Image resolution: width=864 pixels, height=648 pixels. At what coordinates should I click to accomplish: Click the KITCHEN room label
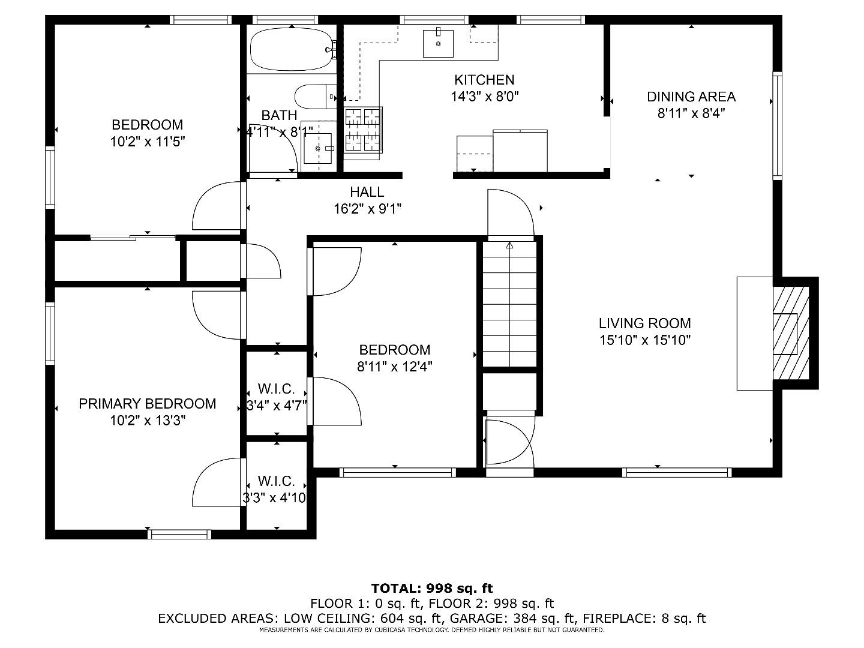click(x=484, y=80)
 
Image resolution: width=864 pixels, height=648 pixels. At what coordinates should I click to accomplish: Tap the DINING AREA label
click(x=691, y=97)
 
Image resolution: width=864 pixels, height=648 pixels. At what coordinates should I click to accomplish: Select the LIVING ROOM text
click(x=645, y=323)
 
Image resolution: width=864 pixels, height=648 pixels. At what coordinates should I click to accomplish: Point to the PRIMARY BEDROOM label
click(x=147, y=404)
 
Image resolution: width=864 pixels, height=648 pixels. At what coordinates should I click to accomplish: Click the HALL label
click(x=367, y=192)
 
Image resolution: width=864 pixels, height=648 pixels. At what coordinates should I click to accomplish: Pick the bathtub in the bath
click(x=291, y=49)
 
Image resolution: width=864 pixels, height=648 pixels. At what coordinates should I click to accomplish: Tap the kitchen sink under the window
click(x=438, y=43)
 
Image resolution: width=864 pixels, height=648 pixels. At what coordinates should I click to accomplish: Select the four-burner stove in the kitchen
click(x=363, y=130)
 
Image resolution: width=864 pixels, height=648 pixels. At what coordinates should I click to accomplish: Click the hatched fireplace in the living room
click(x=791, y=333)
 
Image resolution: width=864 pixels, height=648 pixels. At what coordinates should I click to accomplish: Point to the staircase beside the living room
click(x=510, y=305)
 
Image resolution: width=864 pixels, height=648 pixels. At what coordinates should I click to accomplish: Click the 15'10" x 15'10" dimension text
click(x=645, y=340)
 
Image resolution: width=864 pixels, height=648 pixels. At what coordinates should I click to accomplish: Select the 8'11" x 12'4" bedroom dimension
click(x=394, y=367)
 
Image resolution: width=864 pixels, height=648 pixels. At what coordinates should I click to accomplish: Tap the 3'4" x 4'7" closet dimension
click(x=277, y=405)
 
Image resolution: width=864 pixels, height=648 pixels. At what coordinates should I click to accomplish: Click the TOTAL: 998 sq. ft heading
click(x=432, y=588)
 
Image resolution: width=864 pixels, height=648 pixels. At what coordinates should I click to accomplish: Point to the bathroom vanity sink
click(x=318, y=148)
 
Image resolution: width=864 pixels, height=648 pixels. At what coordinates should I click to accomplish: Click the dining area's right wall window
click(x=777, y=126)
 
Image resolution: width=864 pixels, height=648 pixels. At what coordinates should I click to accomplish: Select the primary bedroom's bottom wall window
click(x=179, y=534)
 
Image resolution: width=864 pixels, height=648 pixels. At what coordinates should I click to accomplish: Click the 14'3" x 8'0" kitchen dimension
click(x=484, y=97)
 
